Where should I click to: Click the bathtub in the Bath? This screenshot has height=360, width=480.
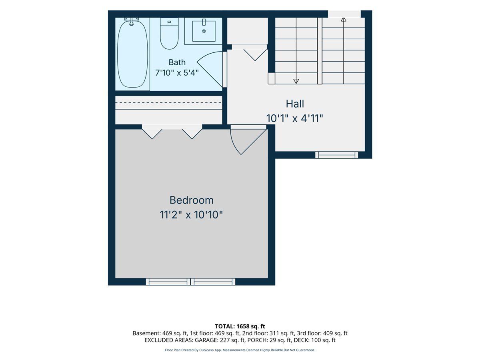point(132,54)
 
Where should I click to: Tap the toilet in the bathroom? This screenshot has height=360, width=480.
point(169,34)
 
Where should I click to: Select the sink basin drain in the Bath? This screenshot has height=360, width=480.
point(204,31)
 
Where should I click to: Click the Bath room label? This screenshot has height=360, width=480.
point(177,62)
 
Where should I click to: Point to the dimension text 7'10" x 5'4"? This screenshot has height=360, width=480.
point(177,72)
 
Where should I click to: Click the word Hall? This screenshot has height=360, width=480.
point(295,104)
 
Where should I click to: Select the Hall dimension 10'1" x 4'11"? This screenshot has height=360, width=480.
point(294,118)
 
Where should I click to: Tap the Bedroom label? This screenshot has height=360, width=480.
point(192,200)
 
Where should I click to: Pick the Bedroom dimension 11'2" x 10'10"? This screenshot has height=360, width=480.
point(191,215)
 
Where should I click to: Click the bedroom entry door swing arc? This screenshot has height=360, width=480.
point(234,144)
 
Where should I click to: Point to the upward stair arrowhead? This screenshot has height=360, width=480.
point(344,20)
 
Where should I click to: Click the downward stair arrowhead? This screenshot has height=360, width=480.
point(296,81)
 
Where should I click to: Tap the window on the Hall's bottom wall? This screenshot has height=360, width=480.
point(336,155)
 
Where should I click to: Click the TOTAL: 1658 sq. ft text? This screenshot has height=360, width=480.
point(240,326)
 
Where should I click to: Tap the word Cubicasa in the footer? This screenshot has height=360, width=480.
point(206,350)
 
